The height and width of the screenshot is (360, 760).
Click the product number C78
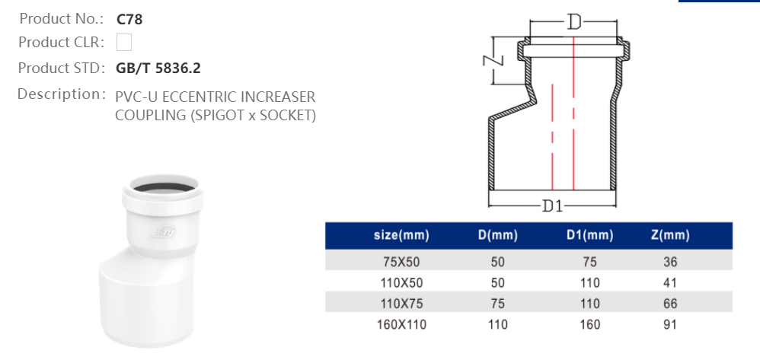[129, 19]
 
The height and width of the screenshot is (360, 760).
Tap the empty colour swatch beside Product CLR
[124, 42]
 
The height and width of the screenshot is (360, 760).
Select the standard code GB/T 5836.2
[158, 68]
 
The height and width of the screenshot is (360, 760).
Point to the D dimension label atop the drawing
[574, 22]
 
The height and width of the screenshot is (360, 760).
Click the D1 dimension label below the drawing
[552, 205]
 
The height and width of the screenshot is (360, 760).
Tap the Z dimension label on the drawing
[493, 60]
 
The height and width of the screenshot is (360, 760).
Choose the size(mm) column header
[401, 235]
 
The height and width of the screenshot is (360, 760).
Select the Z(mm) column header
[670, 235]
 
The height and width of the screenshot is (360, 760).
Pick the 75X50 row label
[401, 262]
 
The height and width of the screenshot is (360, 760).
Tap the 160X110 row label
[401, 324]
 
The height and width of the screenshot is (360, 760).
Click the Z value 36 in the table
[670, 262]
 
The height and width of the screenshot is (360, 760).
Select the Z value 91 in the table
[670, 324]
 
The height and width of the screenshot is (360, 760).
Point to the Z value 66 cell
[670, 304]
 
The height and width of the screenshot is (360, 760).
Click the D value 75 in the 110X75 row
[498, 304]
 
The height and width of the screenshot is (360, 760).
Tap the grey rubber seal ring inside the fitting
[163, 188]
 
